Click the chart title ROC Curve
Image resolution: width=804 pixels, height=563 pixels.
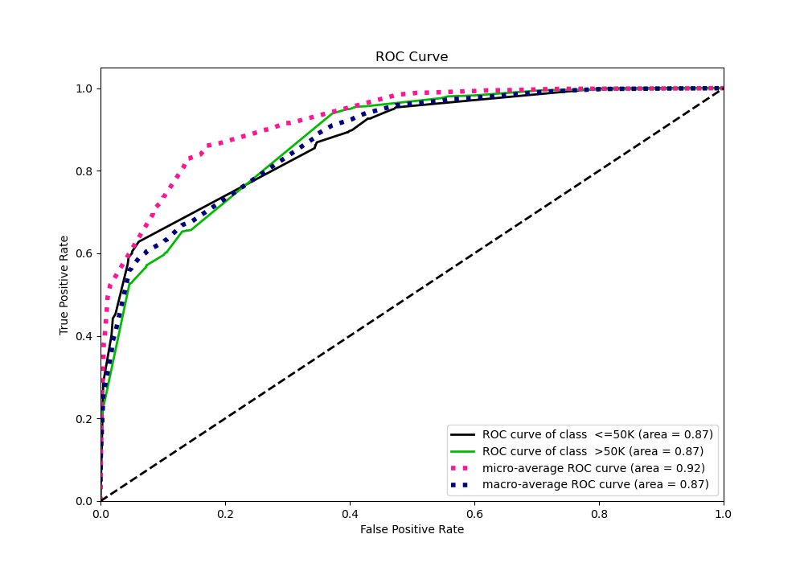412,57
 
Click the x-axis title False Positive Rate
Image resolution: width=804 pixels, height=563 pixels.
412,529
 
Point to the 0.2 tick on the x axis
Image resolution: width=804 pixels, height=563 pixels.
225,513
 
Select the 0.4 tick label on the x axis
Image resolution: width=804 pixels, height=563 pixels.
350,513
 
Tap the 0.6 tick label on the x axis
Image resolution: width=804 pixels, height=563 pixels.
474,513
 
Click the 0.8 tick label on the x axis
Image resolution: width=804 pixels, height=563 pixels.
599,513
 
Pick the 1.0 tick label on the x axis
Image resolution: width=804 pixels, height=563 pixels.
724,513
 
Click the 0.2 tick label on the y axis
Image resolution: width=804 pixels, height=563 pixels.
84,418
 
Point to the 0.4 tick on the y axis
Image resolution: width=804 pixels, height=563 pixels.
84,336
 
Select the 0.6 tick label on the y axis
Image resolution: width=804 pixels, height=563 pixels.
84,253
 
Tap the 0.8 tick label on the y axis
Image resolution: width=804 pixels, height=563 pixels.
84,171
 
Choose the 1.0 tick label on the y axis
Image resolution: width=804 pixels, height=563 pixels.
84,88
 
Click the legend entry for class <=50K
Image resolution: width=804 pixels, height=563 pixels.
597,434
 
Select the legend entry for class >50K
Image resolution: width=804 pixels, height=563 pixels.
593,451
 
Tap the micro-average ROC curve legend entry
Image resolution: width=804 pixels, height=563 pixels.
593,468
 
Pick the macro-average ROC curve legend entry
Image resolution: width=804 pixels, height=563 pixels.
595,484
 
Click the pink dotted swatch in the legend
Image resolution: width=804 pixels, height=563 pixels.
465,468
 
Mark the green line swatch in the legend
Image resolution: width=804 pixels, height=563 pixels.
465,451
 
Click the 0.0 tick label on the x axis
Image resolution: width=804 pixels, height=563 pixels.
100,513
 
